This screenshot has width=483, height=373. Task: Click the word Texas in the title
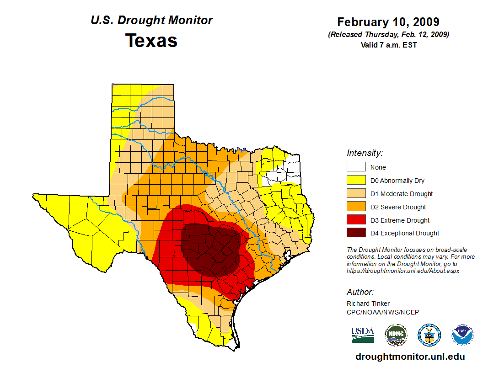(x=151, y=41)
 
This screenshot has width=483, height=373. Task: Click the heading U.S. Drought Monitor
(x=151, y=21)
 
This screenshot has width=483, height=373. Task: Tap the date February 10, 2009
(x=388, y=22)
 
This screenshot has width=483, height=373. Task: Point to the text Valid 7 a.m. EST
(x=388, y=45)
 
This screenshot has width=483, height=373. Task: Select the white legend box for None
(x=356, y=167)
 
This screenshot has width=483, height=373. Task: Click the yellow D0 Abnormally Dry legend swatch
(x=356, y=181)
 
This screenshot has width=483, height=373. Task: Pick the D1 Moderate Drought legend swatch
(x=356, y=194)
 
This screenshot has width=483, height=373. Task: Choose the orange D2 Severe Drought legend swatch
(x=356, y=207)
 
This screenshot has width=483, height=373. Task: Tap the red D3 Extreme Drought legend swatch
(x=356, y=220)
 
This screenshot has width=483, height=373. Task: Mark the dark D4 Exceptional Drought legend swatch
(x=356, y=233)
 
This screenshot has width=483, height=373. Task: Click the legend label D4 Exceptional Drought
(x=405, y=233)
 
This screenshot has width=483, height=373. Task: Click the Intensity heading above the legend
(x=365, y=153)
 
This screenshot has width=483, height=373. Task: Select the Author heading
(x=360, y=292)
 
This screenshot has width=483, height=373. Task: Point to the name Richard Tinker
(x=368, y=304)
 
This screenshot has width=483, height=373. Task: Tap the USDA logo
(x=363, y=335)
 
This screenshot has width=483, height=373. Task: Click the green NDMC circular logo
(x=396, y=335)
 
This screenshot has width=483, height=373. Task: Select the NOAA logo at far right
(x=462, y=335)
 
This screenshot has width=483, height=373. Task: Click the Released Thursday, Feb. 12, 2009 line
(x=388, y=35)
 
